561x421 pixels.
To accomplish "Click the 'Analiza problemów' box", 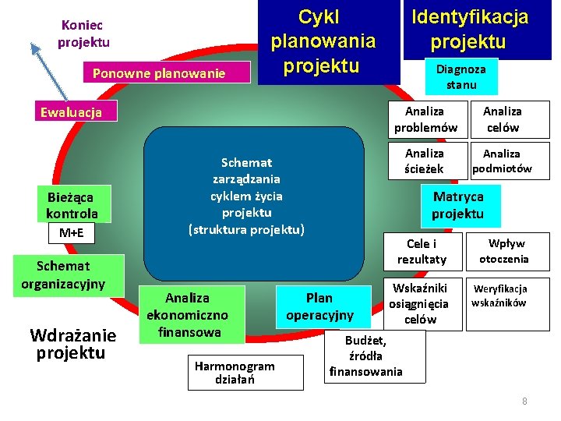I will pyautogui.click(x=425, y=119).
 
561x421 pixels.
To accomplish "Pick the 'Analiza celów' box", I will pyautogui.click(x=503, y=119).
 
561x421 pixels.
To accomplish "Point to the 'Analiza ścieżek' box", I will pyautogui.click(x=425, y=161).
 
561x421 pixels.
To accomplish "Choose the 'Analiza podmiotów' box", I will pyautogui.click(x=503, y=161).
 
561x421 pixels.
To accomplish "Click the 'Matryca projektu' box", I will pyautogui.click(x=458, y=205).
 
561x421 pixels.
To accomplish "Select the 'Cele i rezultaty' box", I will pyautogui.click(x=422, y=251).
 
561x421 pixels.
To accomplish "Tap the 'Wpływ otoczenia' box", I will pyautogui.click(x=503, y=251).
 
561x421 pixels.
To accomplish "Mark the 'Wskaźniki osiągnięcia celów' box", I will pyautogui.click(x=421, y=303).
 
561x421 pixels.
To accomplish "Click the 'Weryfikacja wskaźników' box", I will pyautogui.click(x=500, y=295).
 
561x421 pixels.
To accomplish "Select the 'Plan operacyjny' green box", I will pyautogui.click(x=319, y=306).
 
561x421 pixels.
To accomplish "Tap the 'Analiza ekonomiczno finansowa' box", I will pyautogui.click(x=188, y=315).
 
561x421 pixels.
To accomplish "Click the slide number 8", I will pyautogui.click(x=524, y=401).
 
